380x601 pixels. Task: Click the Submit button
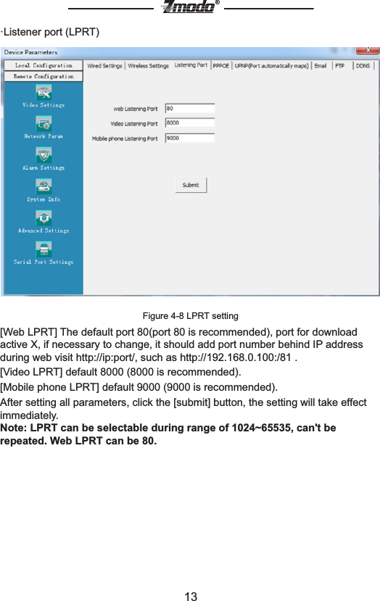point(191,185)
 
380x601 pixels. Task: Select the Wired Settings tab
point(104,66)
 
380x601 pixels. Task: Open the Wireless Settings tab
point(148,66)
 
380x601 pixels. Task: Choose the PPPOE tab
point(221,66)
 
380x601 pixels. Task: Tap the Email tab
point(320,66)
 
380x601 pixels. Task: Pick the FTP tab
point(339,66)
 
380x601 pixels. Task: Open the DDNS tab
point(363,66)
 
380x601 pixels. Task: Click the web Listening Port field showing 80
point(190,109)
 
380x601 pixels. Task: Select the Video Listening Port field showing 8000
point(190,123)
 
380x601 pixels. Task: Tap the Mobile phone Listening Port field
point(190,138)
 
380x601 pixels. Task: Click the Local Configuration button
point(44,65)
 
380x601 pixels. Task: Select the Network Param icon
point(44,124)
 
